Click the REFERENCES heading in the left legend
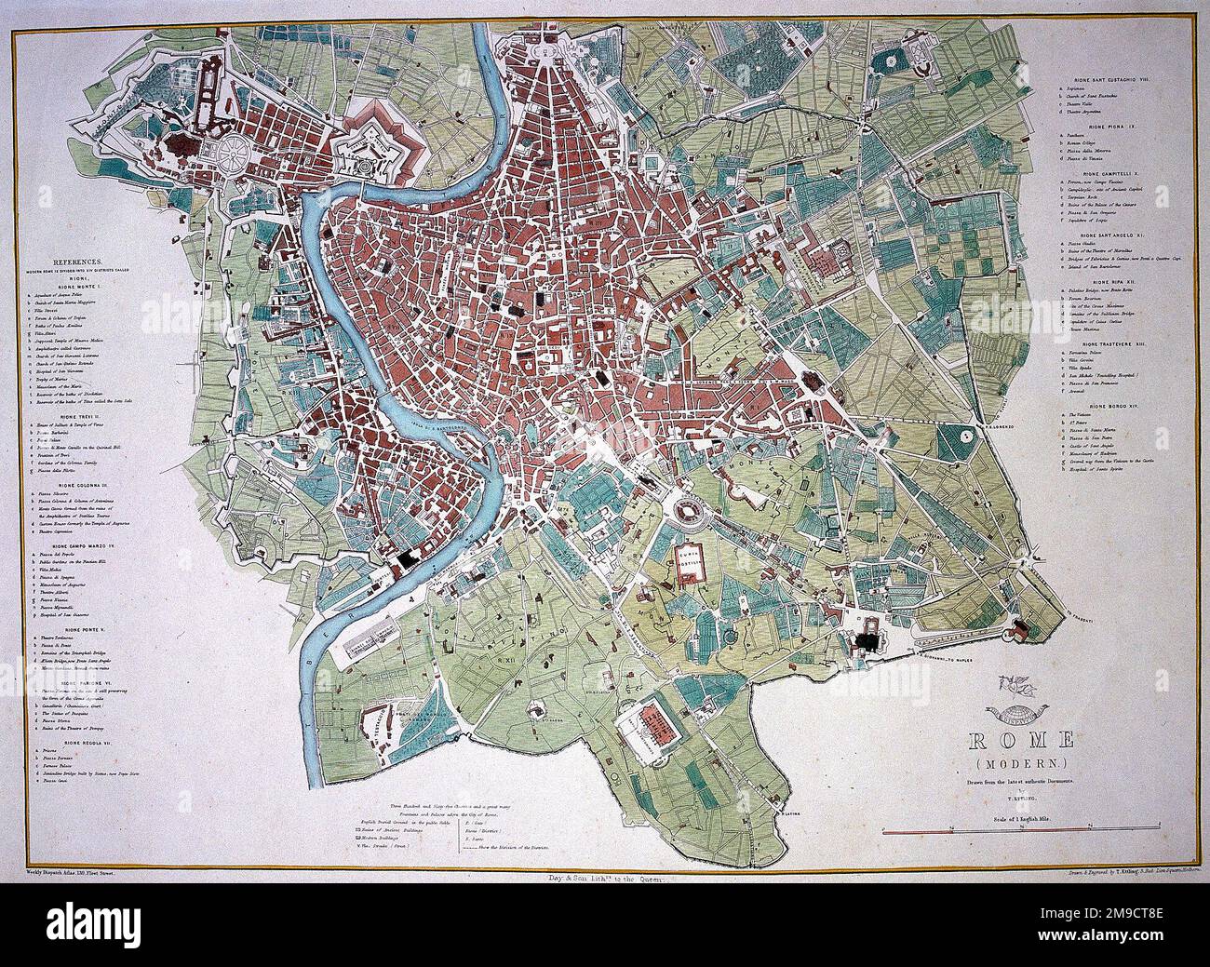point(81,263)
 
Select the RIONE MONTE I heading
point(81,286)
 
